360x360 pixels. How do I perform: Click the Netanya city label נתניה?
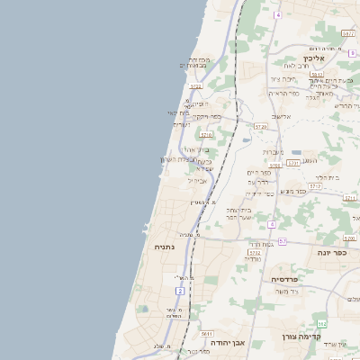[x=165, y=246]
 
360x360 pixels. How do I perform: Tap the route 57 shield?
[x=283, y=241]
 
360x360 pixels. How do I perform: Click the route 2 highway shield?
[x=180, y=291]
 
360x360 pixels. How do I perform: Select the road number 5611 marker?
[x=207, y=334]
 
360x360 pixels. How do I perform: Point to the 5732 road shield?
[x=255, y=253]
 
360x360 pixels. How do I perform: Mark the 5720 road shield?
[x=260, y=127]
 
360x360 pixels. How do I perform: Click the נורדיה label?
[x=252, y=259]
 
